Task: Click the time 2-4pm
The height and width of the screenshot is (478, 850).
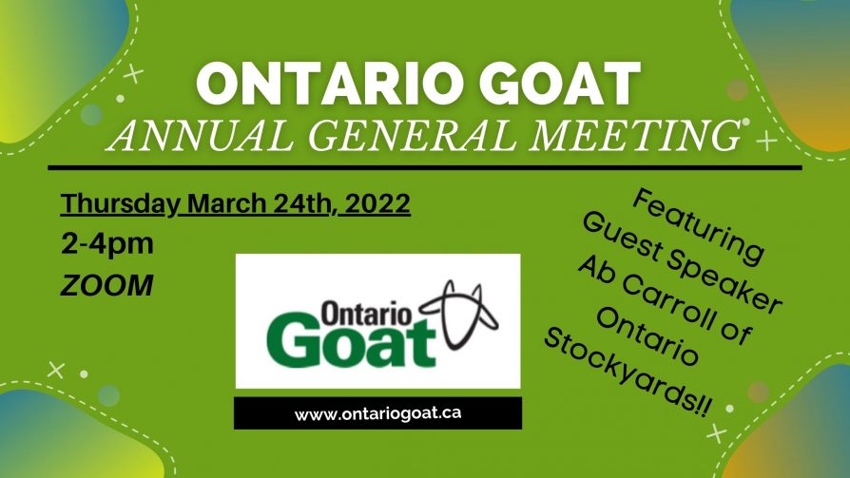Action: pyautogui.click(x=107, y=244)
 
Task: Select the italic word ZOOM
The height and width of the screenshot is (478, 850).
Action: pyautogui.click(x=106, y=285)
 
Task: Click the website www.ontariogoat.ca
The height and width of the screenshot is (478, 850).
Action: pyautogui.click(x=377, y=413)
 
